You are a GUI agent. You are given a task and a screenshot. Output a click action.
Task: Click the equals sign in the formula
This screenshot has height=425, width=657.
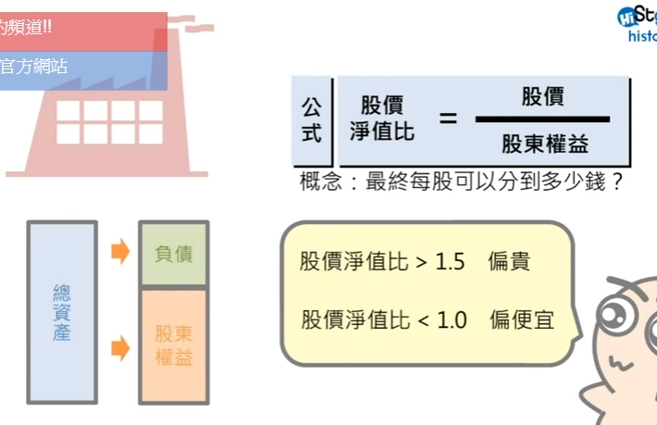pos(449,119)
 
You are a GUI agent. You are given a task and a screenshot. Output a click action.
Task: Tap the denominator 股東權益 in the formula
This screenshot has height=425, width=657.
pos(545,144)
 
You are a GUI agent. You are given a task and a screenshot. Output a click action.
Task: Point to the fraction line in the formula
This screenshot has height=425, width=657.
pos(543,119)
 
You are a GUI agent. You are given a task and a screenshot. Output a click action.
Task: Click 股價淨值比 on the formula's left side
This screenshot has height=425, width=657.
pos(382,119)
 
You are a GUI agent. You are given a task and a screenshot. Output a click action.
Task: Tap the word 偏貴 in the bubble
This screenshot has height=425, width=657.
pos(510,262)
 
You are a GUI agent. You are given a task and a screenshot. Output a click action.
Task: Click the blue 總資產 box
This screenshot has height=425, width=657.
pos(62,312)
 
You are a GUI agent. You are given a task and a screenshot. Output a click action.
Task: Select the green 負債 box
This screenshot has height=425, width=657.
pos(173,253)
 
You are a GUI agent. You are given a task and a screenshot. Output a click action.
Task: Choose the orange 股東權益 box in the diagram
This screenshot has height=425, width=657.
pos(173,345)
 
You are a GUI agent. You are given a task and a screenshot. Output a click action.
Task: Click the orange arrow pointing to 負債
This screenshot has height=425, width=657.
pos(120,251)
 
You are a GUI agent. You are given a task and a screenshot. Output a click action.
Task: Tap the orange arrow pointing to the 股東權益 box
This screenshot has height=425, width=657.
pos(120,349)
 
